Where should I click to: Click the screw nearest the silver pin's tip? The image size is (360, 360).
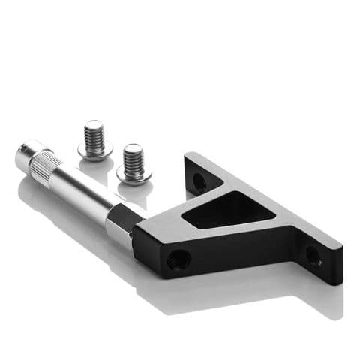click(x=95, y=139)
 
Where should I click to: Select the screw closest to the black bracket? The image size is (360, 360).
click(x=133, y=162)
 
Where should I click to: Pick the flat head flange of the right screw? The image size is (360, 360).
click(x=134, y=173)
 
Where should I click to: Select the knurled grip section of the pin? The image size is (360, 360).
click(x=52, y=166)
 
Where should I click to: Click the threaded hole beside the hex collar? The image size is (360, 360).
click(x=178, y=259)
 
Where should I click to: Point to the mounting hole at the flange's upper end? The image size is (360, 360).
click(x=199, y=181)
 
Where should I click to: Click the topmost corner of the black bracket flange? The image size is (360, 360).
click(x=187, y=154)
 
